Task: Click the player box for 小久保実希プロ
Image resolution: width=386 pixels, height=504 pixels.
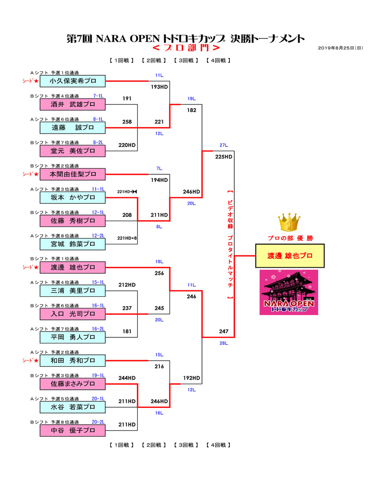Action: pyautogui.click(x=73, y=81)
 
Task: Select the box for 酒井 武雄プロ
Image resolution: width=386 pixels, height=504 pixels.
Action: pyautogui.click(x=73, y=104)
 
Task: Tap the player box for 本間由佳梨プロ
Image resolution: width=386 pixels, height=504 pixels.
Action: pyautogui.click(x=73, y=174)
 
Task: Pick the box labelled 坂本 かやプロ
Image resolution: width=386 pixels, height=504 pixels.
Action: pyautogui.click(x=73, y=197)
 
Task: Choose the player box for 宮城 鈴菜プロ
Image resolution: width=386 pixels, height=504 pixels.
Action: pyautogui.click(x=73, y=244)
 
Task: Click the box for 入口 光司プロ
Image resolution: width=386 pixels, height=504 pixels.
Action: pyautogui.click(x=73, y=314)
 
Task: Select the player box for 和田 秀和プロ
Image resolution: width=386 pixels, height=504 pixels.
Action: pyautogui.click(x=73, y=360)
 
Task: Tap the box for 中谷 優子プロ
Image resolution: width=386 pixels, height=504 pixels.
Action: pyautogui.click(x=73, y=430)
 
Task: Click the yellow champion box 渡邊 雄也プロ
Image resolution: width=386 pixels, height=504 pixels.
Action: pyautogui.click(x=290, y=256)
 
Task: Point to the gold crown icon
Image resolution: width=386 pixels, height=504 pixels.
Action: pyautogui.click(x=290, y=223)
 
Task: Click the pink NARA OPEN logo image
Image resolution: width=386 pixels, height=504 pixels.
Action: pyautogui.click(x=288, y=292)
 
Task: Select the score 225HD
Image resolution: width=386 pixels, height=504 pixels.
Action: pyautogui.click(x=224, y=157)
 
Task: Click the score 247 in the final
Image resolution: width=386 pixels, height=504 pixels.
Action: pyautogui.click(x=224, y=332)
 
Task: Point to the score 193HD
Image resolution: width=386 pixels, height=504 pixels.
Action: pyautogui.click(x=159, y=86)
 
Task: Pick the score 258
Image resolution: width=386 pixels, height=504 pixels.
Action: pyautogui.click(x=127, y=122)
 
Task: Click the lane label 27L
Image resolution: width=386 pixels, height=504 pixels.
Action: pyautogui.click(x=224, y=145)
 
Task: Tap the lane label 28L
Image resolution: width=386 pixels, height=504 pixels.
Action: pyautogui.click(x=224, y=343)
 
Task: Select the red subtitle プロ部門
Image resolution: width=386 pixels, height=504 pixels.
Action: pyautogui.click(x=193, y=49)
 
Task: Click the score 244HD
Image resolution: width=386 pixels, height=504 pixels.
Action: pyautogui.click(x=127, y=378)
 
